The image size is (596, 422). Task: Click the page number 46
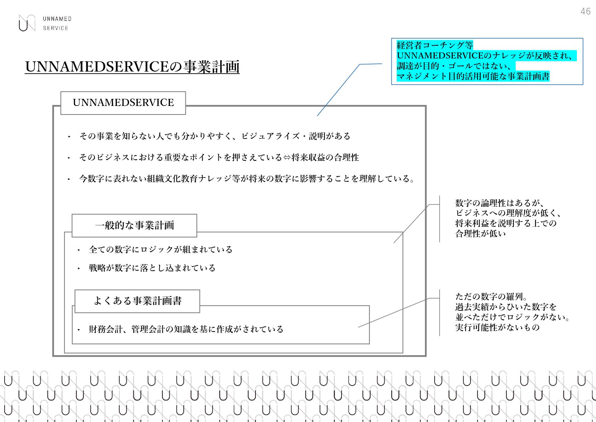click(x=585, y=11)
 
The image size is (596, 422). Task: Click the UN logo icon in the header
click(x=27, y=23)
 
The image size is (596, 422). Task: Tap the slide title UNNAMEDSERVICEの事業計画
click(x=132, y=67)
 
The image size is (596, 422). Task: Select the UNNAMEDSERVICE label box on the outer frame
click(x=123, y=103)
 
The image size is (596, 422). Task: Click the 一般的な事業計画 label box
click(x=134, y=225)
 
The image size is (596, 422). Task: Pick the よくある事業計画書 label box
click(x=137, y=301)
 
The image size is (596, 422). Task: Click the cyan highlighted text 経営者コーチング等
click(x=435, y=45)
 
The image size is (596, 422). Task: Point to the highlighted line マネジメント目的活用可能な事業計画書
click(x=473, y=76)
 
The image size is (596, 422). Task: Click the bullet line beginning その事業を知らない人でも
click(x=214, y=136)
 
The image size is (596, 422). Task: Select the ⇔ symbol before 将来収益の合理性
click(x=287, y=157)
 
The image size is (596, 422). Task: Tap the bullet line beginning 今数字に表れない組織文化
click(x=247, y=179)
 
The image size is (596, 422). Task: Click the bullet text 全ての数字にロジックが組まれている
click(x=161, y=249)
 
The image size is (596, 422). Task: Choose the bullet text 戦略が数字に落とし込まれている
click(x=152, y=268)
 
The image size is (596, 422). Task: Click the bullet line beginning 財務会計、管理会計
click(x=186, y=329)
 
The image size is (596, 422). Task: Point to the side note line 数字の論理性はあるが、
click(x=499, y=203)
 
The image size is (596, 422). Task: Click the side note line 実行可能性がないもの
click(x=497, y=327)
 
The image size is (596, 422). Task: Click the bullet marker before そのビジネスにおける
click(x=69, y=158)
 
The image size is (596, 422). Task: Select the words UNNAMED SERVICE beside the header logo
click(x=57, y=23)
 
